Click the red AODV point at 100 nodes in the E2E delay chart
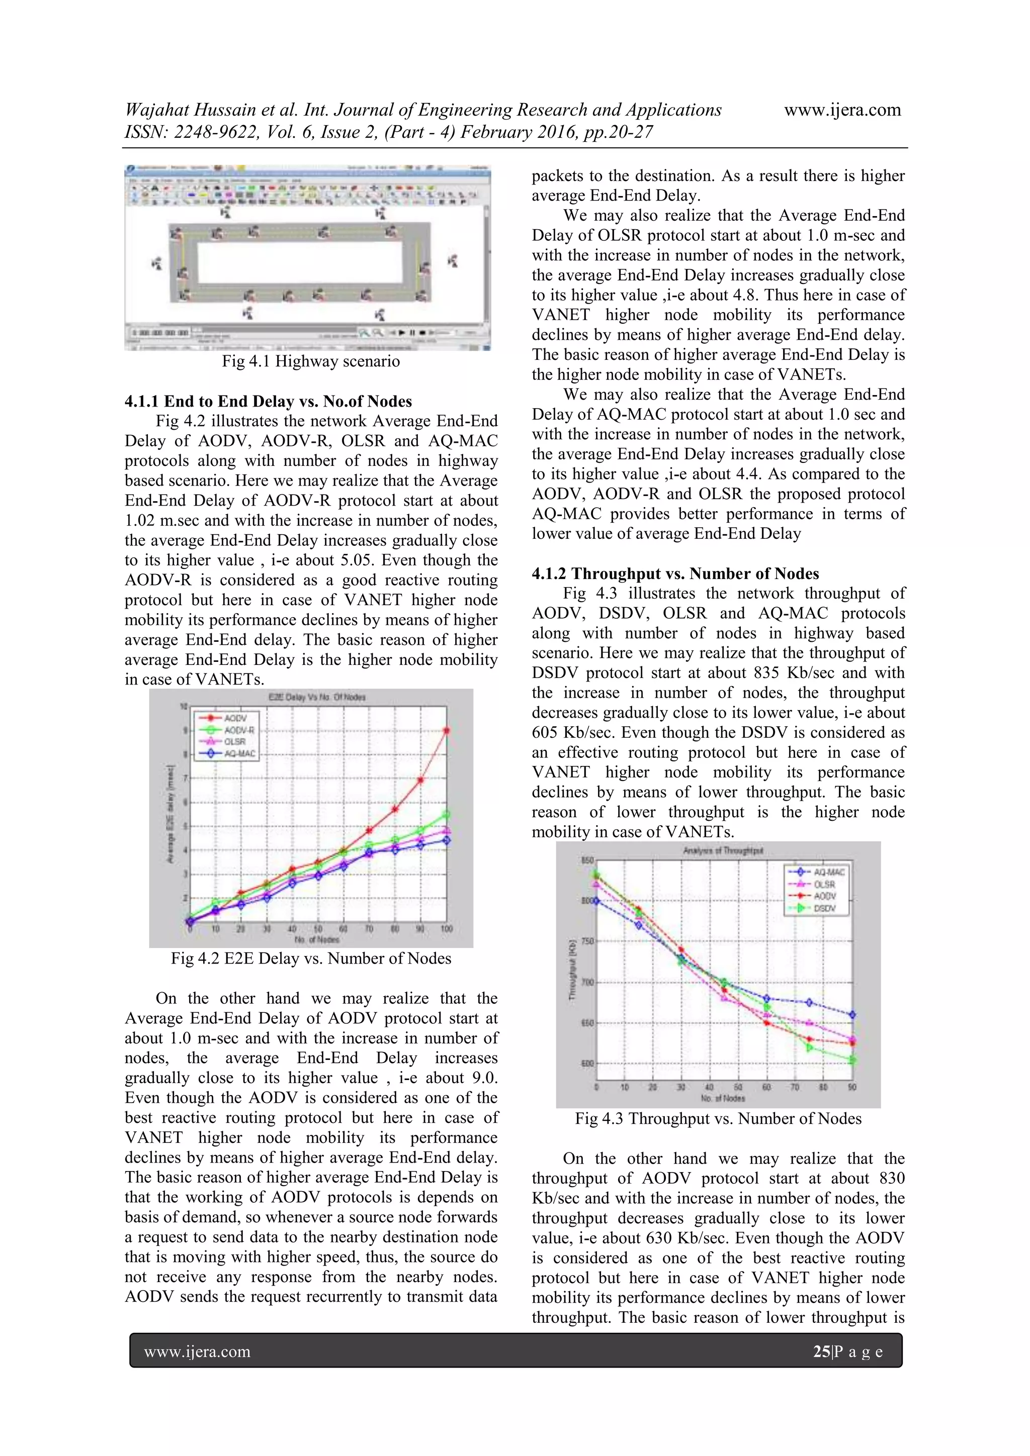pos(446,731)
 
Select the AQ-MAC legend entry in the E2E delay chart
pos(238,753)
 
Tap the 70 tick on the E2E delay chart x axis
pos(369,929)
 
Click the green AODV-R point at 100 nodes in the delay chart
pos(446,814)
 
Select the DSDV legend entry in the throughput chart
pos(824,908)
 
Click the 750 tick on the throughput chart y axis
pos(587,941)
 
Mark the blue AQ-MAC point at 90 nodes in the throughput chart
pos(852,1015)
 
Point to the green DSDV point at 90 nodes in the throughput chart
pos(852,1059)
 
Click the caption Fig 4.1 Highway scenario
pos(310,361)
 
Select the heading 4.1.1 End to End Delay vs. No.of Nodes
pos(268,402)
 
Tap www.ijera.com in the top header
pos(841,110)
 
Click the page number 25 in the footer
pos(821,1351)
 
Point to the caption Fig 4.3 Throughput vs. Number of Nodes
pos(718,1119)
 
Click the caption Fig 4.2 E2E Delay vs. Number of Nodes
pos(310,958)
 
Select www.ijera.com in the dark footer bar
pos(197,1351)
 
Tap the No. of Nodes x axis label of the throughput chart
pos(723,1098)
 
